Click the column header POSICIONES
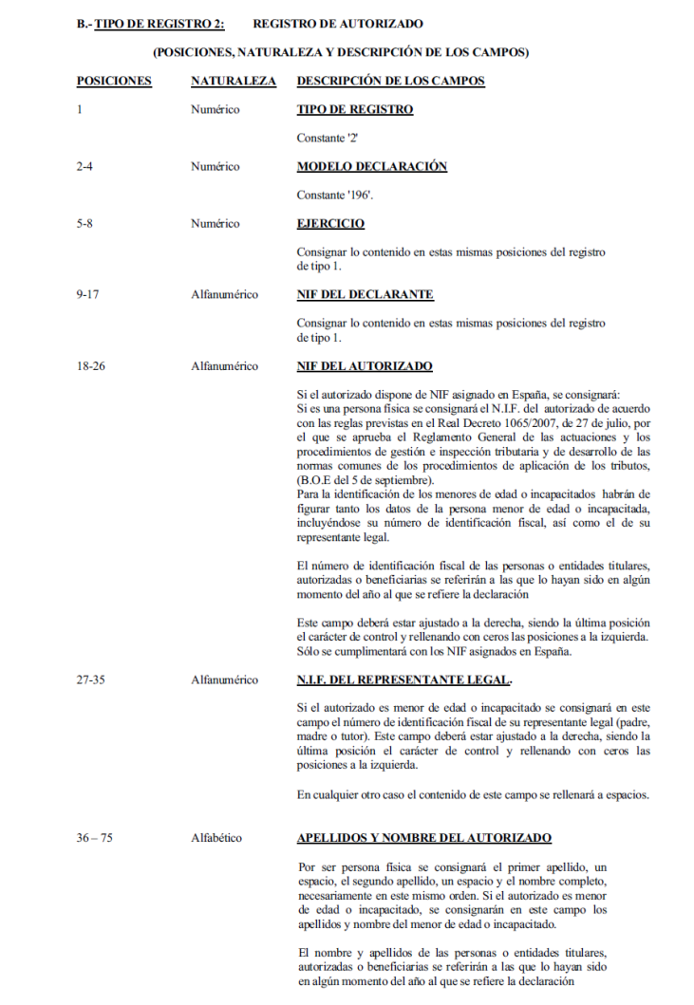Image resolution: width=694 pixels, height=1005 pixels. point(114,81)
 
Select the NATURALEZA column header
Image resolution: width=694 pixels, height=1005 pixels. point(234,81)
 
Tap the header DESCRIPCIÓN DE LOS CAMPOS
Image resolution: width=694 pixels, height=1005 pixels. point(390,81)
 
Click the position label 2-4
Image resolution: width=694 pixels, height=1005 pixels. point(85,166)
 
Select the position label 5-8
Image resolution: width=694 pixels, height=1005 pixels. point(85,224)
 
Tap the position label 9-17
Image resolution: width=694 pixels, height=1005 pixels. point(88,294)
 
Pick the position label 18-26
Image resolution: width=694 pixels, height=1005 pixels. point(91,365)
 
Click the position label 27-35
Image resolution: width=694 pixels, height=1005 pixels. point(91,679)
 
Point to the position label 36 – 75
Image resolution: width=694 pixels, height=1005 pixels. point(96,838)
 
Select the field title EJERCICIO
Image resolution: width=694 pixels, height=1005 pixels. point(330,224)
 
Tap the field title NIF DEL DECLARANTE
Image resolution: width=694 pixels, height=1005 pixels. point(366,294)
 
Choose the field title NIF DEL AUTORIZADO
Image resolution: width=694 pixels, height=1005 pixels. point(365,365)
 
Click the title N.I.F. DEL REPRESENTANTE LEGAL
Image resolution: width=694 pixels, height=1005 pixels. point(403,679)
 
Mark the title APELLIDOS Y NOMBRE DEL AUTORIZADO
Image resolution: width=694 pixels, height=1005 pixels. point(423,838)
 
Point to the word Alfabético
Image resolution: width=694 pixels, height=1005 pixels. point(216,838)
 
